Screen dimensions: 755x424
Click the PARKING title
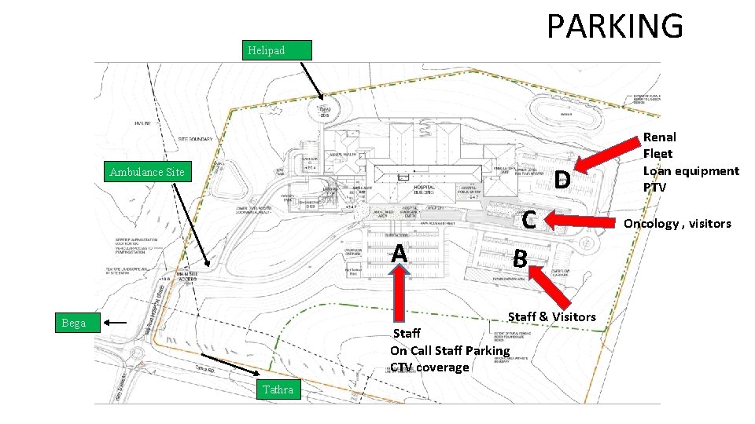(x=615, y=26)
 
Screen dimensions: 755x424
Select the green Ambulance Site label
(x=147, y=172)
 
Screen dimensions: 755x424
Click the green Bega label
(x=74, y=323)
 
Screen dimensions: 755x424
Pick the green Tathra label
(x=278, y=389)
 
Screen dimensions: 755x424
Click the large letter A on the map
(x=400, y=253)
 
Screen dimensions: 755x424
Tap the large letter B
(x=520, y=258)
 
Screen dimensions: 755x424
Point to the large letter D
(x=561, y=181)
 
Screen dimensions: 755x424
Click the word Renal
(x=659, y=137)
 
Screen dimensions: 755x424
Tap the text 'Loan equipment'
(x=691, y=171)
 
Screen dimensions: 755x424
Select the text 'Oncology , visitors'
(x=677, y=224)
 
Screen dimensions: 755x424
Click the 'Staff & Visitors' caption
(x=551, y=316)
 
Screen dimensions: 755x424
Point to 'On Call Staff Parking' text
(x=450, y=350)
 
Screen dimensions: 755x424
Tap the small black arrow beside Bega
(x=116, y=323)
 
